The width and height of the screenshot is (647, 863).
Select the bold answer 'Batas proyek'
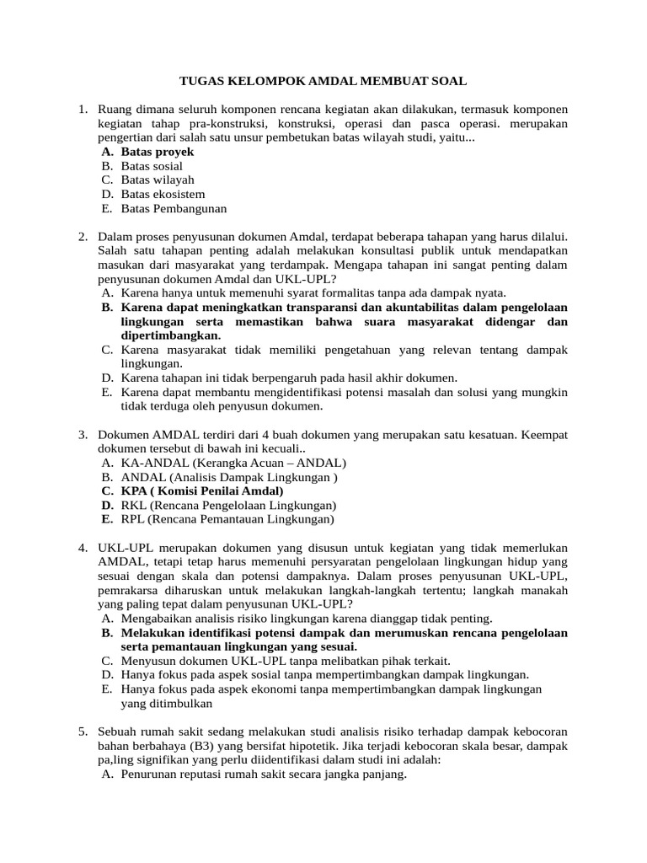click(x=158, y=152)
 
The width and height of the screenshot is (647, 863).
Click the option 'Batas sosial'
click(x=152, y=166)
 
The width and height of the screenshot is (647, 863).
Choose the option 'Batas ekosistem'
click(x=163, y=195)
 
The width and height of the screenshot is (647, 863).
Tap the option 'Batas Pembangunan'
click(x=174, y=209)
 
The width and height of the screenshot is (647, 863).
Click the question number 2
click(x=83, y=238)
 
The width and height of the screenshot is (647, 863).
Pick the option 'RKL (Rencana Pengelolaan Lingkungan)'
click(x=228, y=505)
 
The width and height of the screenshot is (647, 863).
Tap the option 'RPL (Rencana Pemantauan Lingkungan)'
click(x=227, y=519)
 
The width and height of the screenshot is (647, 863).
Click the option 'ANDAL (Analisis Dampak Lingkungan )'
click(x=229, y=476)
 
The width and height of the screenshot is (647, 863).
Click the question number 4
click(x=83, y=548)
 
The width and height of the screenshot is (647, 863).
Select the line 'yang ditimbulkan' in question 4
click(x=166, y=704)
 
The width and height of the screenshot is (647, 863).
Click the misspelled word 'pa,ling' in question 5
click(x=116, y=760)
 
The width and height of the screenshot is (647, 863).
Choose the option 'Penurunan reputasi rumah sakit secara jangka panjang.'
click(x=264, y=775)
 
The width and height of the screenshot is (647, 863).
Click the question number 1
click(x=83, y=110)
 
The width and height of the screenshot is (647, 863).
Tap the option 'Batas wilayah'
click(x=158, y=180)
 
